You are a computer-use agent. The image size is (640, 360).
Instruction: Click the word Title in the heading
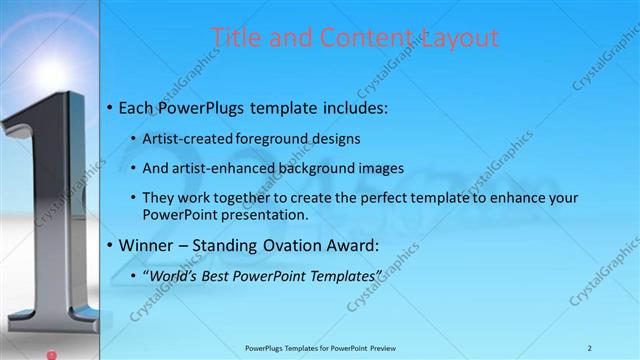[x=234, y=38]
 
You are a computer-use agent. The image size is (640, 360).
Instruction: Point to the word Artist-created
[x=189, y=138]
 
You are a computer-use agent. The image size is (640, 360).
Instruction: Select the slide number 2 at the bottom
[x=590, y=347]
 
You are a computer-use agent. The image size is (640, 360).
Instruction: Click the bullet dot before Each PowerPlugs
[x=109, y=106]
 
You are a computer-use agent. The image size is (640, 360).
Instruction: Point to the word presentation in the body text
[x=262, y=214]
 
